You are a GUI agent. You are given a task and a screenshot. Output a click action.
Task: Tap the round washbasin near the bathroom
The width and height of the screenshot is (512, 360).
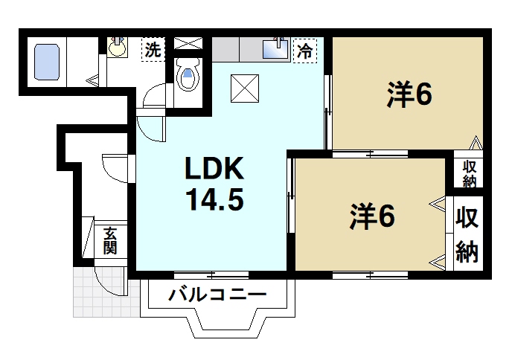118,48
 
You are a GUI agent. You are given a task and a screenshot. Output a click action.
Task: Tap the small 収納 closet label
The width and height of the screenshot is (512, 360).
470,173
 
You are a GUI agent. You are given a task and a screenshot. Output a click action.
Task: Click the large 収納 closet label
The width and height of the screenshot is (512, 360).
467,235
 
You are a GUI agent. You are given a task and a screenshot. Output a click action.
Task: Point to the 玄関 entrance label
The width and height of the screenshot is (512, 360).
110,241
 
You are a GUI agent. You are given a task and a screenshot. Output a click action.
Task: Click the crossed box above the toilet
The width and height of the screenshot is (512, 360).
188,42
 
